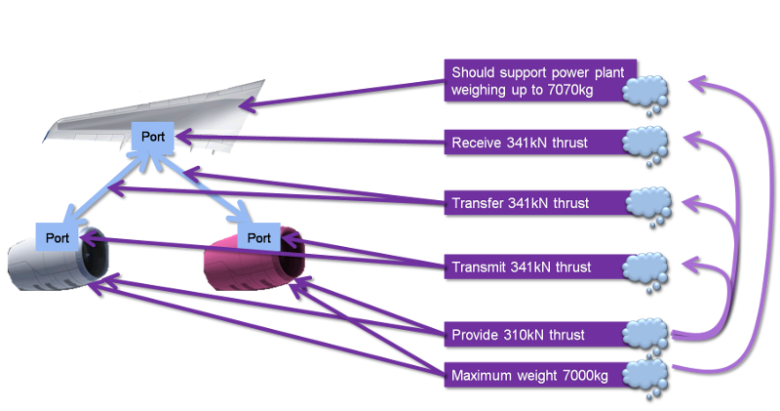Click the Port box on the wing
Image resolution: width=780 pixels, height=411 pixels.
pyautogui.click(x=153, y=138)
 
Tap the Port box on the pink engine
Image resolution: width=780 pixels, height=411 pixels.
pyautogui.click(x=258, y=236)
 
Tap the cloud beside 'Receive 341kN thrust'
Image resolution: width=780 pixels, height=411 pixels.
pyautogui.click(x=646, y=142)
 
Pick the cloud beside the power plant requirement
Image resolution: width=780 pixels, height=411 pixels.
pyautogui.click(x=644, y=92)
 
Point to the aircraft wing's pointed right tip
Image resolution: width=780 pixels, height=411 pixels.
pyautogui.click(x=265, y=82)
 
